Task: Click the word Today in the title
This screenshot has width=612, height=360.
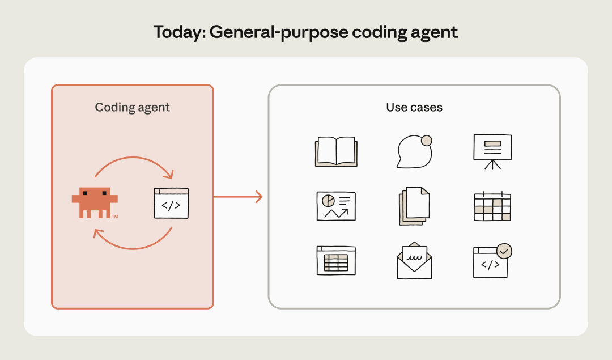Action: pos(178,32)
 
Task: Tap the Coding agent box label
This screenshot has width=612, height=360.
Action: pos(132,107)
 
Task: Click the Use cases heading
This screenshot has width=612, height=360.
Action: pos(414,107)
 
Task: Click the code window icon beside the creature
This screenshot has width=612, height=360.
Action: pos(171,204)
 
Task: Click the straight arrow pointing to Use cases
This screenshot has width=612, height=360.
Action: pos(238,197)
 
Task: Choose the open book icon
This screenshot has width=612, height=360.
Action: pos(336,151)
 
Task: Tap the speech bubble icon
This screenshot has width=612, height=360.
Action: pos(413,153)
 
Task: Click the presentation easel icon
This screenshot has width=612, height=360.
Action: pos(492,151)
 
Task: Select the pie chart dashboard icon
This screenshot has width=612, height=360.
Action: pos(336,206)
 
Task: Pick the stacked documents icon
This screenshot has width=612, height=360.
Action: pos(414,206)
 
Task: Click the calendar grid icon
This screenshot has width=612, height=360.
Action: pos(492,207)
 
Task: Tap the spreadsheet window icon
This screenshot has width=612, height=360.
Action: pos(336,260)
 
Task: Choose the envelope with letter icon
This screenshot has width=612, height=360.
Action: pos(414,261)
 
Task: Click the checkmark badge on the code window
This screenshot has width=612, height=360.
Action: pos(504,251)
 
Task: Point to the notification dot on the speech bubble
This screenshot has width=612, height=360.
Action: pos(426,141)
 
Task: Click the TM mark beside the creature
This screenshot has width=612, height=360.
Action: pos(115,217)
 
